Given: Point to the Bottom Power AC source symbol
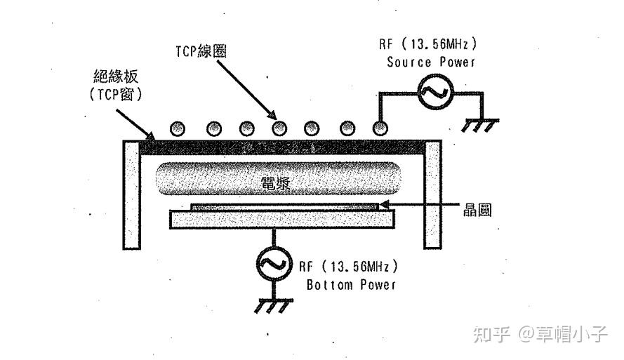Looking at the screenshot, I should pos(269,264).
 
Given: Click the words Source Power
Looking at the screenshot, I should pos(431,62).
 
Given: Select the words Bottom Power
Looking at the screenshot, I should pos(351,285).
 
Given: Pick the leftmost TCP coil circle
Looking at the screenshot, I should pos(178,128).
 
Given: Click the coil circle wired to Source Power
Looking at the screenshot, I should pos(380,128).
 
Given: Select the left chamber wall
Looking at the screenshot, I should pos(133,194).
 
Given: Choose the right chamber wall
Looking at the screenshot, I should pos(432,194).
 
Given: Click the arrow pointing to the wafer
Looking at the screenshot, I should pos(421,205).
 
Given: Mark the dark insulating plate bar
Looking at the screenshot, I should pos(281,147).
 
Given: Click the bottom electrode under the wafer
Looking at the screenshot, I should pos(281,220).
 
